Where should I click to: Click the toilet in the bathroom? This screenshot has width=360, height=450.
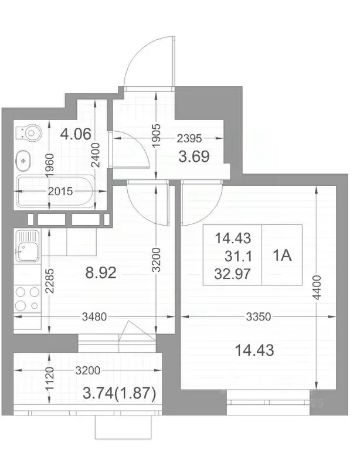coord(29,134)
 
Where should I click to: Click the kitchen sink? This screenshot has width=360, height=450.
coord(28,246)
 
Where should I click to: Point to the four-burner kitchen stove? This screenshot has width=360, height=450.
coord(26,298)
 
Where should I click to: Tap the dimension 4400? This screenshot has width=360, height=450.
coord(318,287)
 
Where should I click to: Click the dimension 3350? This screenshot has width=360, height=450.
coord(257,317)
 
